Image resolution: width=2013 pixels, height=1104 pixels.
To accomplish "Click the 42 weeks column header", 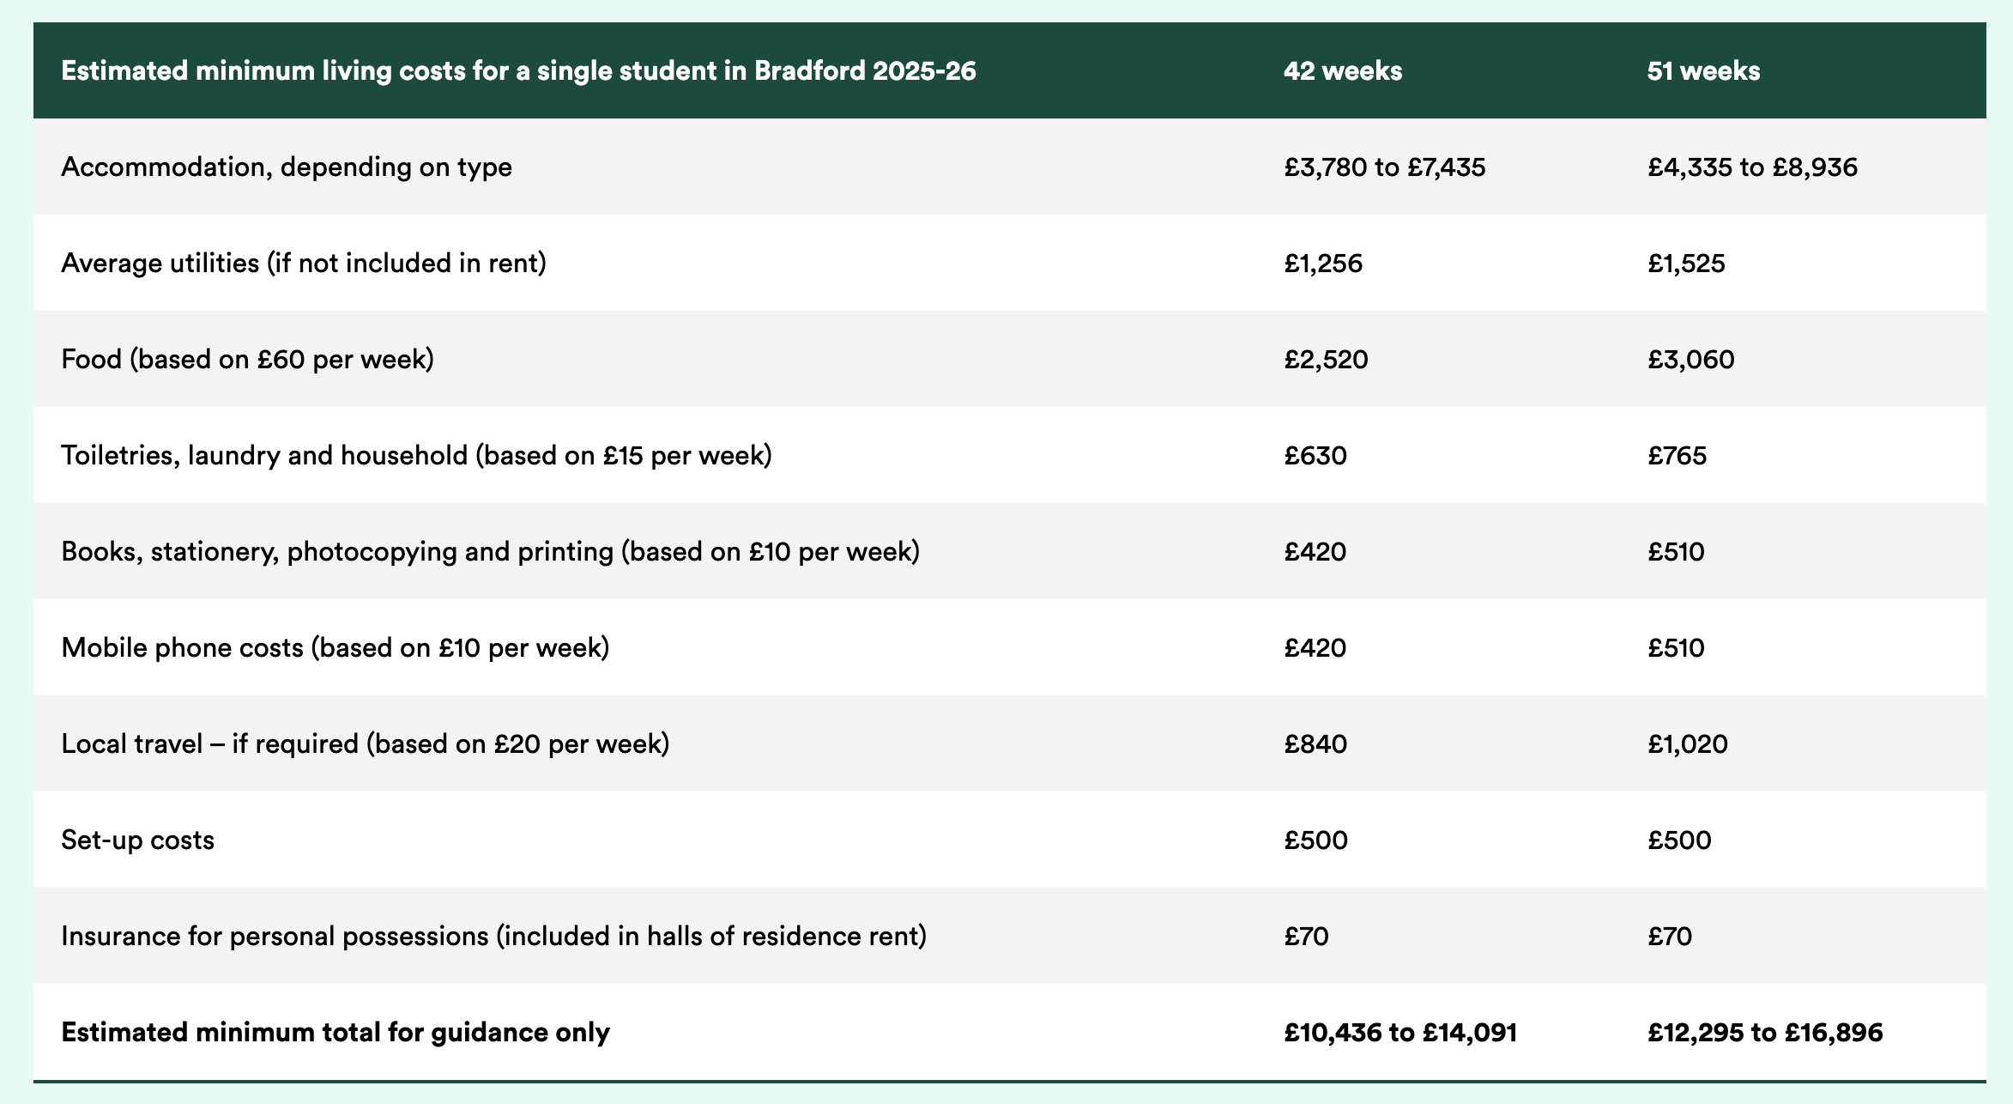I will tap(1343, 70).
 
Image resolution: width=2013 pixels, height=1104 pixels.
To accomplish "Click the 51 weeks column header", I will tap(1703, 70).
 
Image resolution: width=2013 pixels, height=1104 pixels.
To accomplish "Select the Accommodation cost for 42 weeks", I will tap(1384, 167).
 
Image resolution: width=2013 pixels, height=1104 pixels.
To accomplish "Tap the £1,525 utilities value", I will tap(1686, 263).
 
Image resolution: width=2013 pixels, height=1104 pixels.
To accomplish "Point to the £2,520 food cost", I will tap(1326, 359).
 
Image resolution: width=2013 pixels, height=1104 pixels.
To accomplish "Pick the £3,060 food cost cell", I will tap(1690, 359).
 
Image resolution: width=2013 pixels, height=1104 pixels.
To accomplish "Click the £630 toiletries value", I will tap(1315, 455).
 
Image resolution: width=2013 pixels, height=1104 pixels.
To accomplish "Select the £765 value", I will tap(1677, 455).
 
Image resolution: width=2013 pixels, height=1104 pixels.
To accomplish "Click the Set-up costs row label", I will tap(137, 840).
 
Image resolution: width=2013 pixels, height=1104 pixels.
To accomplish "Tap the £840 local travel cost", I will tap(1315, 743).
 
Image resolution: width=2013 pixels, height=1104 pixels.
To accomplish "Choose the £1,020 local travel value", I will tap(1687, 743).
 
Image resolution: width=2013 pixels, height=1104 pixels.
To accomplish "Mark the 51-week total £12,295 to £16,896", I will tap(1764, 1032).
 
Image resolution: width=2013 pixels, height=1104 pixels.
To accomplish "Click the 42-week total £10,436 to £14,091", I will tap(1400, 1032).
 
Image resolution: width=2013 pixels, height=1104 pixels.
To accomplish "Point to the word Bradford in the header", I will tap(809, 70).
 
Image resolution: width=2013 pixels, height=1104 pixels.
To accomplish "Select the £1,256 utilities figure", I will tap(1323, 263).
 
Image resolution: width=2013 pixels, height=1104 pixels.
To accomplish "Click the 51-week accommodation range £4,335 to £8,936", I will tap(1752, 167).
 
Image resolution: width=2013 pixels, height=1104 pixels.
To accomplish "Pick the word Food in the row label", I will tap(92, 359).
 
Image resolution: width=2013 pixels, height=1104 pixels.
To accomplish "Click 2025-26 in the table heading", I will tap(924, 70).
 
